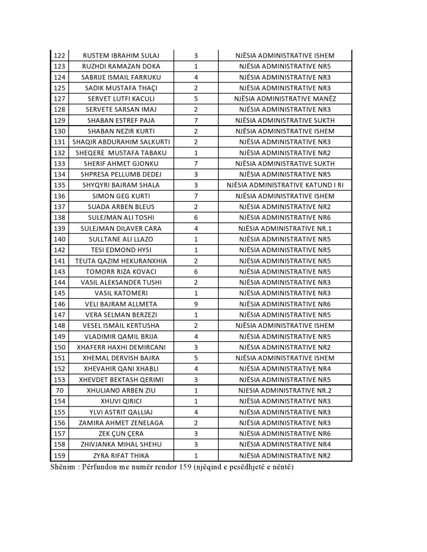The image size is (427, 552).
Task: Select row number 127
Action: [60, 99]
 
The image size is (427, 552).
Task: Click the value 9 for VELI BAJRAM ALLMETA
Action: [195, 304]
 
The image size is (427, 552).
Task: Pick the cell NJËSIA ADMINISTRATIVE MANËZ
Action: [285, 99]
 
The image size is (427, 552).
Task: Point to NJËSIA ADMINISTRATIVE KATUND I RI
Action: [285, 185]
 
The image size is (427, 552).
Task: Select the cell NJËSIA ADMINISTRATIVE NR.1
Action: [285, 228]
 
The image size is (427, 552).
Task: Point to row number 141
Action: [60, 261]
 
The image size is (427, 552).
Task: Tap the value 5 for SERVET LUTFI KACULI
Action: [195, 99]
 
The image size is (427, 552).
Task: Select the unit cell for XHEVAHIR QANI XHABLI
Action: [285, 369]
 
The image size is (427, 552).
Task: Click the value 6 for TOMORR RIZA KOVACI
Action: [195, 272]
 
